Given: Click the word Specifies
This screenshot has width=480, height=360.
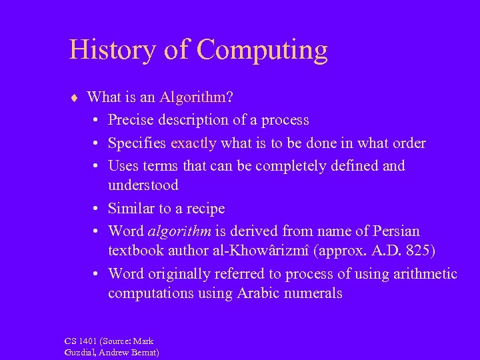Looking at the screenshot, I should point(137,143).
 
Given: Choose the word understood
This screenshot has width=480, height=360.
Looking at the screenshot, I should point(143,185).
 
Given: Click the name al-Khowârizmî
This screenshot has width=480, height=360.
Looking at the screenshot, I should point(269,252).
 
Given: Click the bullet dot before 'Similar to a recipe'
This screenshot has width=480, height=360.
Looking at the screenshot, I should point(97,209).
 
